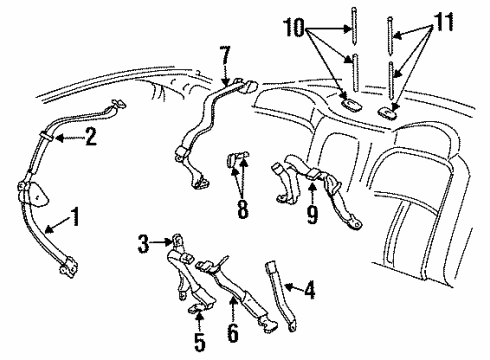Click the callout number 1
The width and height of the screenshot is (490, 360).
click(x=75, y=215)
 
